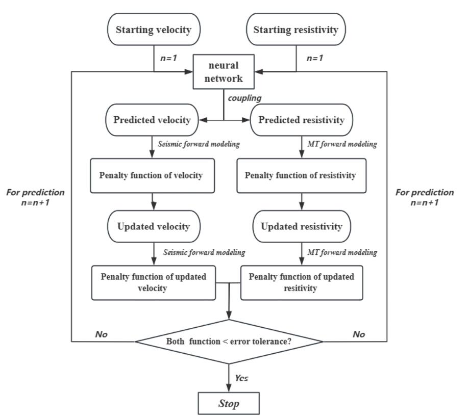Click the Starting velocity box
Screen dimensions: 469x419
click(x=154, y=29)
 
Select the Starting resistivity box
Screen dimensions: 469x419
click(x=296, y=29)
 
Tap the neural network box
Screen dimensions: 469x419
click(x=224, y=72)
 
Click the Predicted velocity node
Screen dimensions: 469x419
click(x=152, y=120)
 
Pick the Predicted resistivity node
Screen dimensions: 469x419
click(x=302, y=120)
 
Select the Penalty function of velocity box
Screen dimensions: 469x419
click(x=152, y=176)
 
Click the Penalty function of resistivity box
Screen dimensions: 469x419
click(x=302, y=176)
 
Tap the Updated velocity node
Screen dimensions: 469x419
click(x=154, y=226)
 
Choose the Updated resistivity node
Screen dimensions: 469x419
click(x=302, y=226)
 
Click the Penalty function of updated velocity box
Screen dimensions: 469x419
click(x=154, y=283)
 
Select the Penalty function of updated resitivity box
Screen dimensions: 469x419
click(x=302, y=283)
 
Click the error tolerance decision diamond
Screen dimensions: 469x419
click(x=229, y=342)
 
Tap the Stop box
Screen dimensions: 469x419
click(x=229, y=403)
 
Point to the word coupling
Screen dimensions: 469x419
click(x=244, y=98)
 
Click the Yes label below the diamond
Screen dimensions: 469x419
click(x=241, y=378)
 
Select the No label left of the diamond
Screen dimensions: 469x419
click(x=102, y=334)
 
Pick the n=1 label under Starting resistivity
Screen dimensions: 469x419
click(x=315, y=58)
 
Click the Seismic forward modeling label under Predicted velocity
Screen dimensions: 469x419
click(x=199, y=144)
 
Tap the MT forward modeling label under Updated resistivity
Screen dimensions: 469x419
click(x=342, y=252)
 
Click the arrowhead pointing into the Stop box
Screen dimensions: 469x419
click(x=229, y=388)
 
